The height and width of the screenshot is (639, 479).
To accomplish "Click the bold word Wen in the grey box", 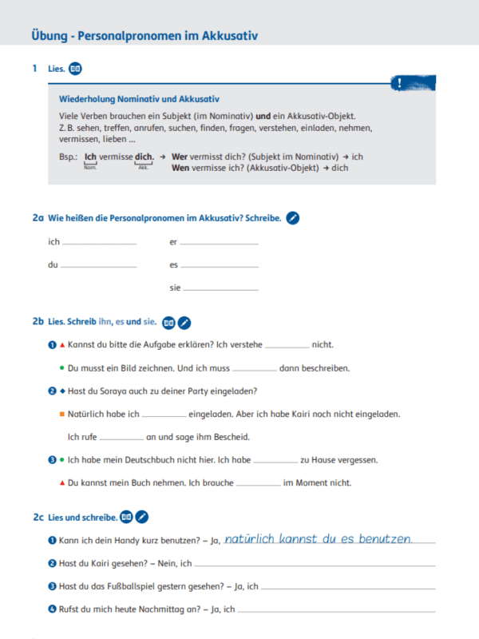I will pyautogui.click(x=180, y=168).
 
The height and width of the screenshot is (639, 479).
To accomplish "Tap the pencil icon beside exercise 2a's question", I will pyautogui.click(x=293, y=217).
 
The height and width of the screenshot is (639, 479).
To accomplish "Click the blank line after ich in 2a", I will pyautogui.click(x=99, y=243).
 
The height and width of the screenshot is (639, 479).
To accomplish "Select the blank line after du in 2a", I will pyautogui.click(x=98, y=265).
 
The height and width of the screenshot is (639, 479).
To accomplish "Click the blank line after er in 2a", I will pyautogui.click(x=220, y=243).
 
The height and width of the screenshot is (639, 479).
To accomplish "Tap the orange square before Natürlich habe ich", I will pyautogui.click(x=61, y=415).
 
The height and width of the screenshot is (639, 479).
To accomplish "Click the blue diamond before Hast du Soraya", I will pyautogui.click(x=61, y=391).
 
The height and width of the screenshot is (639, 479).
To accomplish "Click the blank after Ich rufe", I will pyautogui.click(x=121, y=438).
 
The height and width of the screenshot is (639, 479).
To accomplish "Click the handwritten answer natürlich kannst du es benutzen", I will pyautogui.click(x=318, y=539).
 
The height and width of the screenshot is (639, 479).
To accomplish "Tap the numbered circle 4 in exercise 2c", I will pyautogui.click(x=52, y=609).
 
